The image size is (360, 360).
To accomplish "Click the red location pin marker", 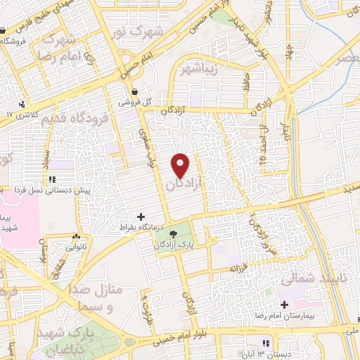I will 181,165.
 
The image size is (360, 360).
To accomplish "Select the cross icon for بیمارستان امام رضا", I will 284,304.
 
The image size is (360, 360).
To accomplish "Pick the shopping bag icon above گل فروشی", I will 134,91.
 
